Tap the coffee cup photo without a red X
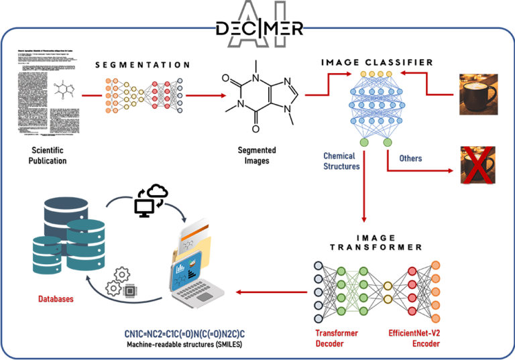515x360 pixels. [x=477, y=95]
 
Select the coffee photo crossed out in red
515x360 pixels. [x=477, y=165]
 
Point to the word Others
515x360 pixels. [x=410, y=159]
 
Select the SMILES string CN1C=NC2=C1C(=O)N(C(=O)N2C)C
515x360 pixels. [x=184, y=333]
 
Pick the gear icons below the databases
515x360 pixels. [x=123, y=282]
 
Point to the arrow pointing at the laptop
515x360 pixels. [x=268, y=292]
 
